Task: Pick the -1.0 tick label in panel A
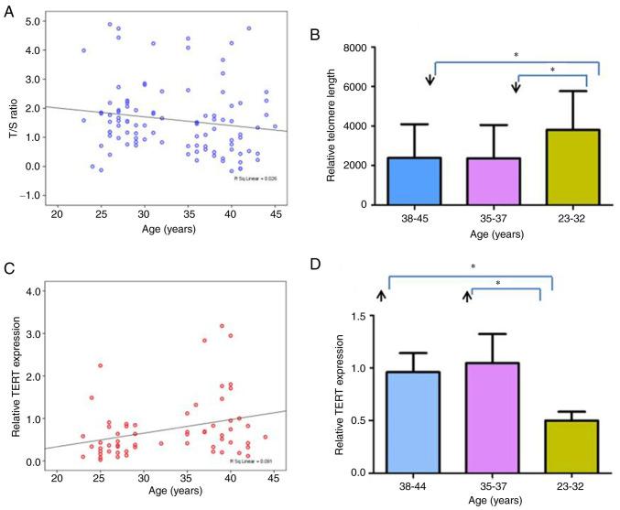tap(32, 195)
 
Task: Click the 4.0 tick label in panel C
tap(34, 291)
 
